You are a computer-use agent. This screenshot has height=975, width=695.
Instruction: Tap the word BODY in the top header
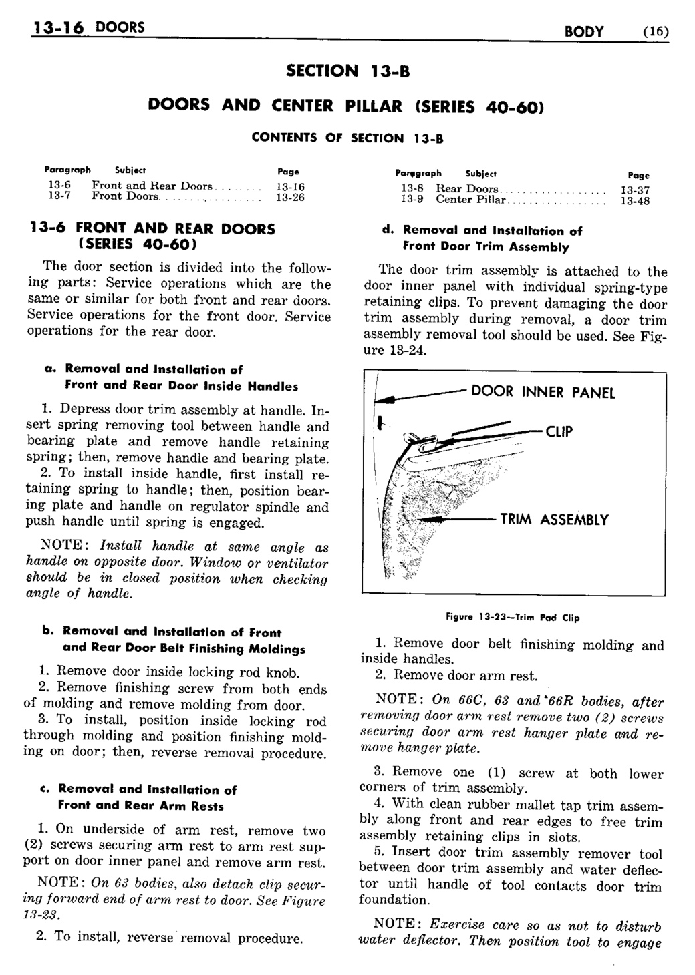click(x=584, y=31)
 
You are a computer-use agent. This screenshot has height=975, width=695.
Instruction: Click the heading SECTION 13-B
click(x=347, y=70)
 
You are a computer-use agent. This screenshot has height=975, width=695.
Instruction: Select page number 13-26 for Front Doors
click(x=290, y=197)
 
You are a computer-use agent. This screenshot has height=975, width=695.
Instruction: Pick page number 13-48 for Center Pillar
click(x=635, y=200)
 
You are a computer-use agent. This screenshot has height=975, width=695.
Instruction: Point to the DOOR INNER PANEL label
click(x=543, y=392)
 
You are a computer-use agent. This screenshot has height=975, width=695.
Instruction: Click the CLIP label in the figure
click(x=559, y=432)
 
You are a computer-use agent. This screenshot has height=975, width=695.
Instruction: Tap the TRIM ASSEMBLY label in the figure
click(x=554, y=520)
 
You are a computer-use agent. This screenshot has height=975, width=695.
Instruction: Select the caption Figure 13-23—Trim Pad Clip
click(x=513, y=618)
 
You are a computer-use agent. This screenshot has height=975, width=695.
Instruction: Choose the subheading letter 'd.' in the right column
click(x=386, y=231)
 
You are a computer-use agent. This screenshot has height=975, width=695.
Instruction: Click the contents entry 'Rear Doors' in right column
click(x=467, y=189)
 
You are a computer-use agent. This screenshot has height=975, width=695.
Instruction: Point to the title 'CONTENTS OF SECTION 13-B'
click(x=347, y=138)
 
